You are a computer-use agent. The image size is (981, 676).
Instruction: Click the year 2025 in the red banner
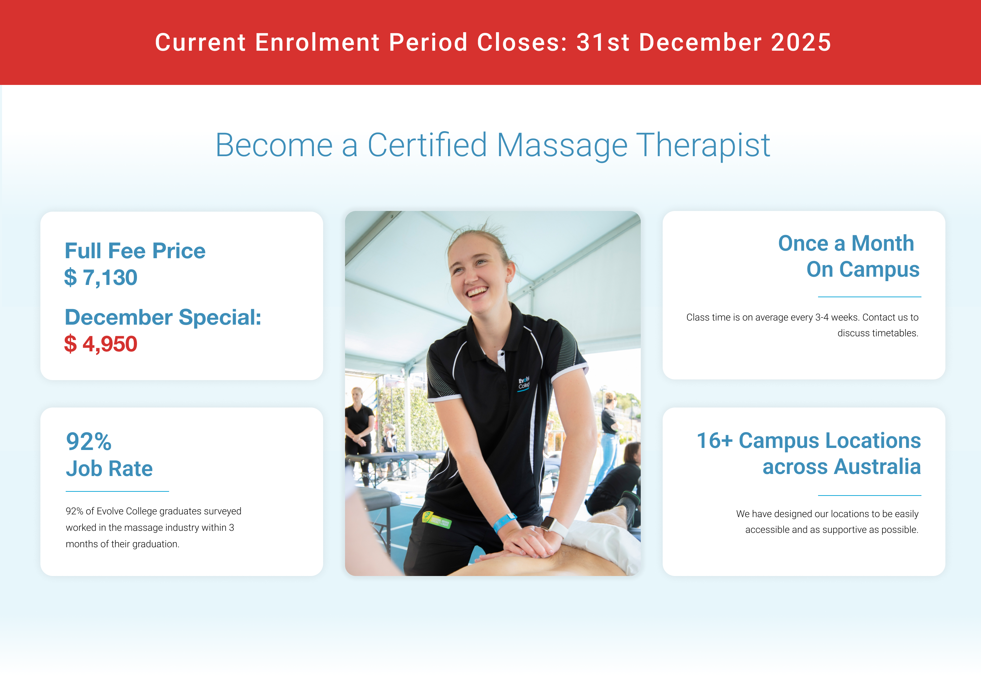801,42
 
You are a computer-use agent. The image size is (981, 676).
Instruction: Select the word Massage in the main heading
562,146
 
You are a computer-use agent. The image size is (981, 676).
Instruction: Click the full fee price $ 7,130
101,277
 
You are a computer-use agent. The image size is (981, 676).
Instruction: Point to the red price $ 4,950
101,343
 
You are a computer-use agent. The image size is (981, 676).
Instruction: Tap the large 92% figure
89,441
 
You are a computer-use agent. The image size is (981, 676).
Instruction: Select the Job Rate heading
109,468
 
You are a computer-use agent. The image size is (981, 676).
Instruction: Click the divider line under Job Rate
117,491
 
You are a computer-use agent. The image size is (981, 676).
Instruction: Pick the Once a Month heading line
846,243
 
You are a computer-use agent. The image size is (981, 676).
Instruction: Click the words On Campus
863,270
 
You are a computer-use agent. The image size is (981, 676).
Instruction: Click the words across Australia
842,467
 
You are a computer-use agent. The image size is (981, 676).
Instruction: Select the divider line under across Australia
870,495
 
